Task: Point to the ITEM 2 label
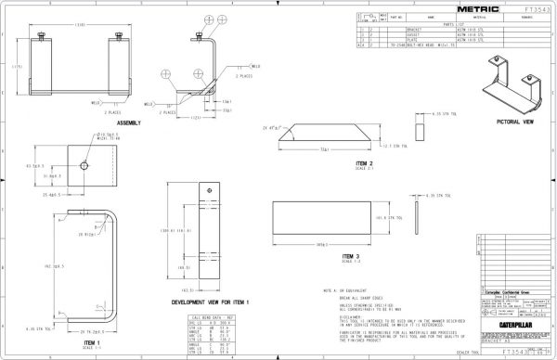pyautogui.click(x=326, y=162)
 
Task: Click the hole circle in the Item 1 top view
pyautogui.click(x=84, y=164)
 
